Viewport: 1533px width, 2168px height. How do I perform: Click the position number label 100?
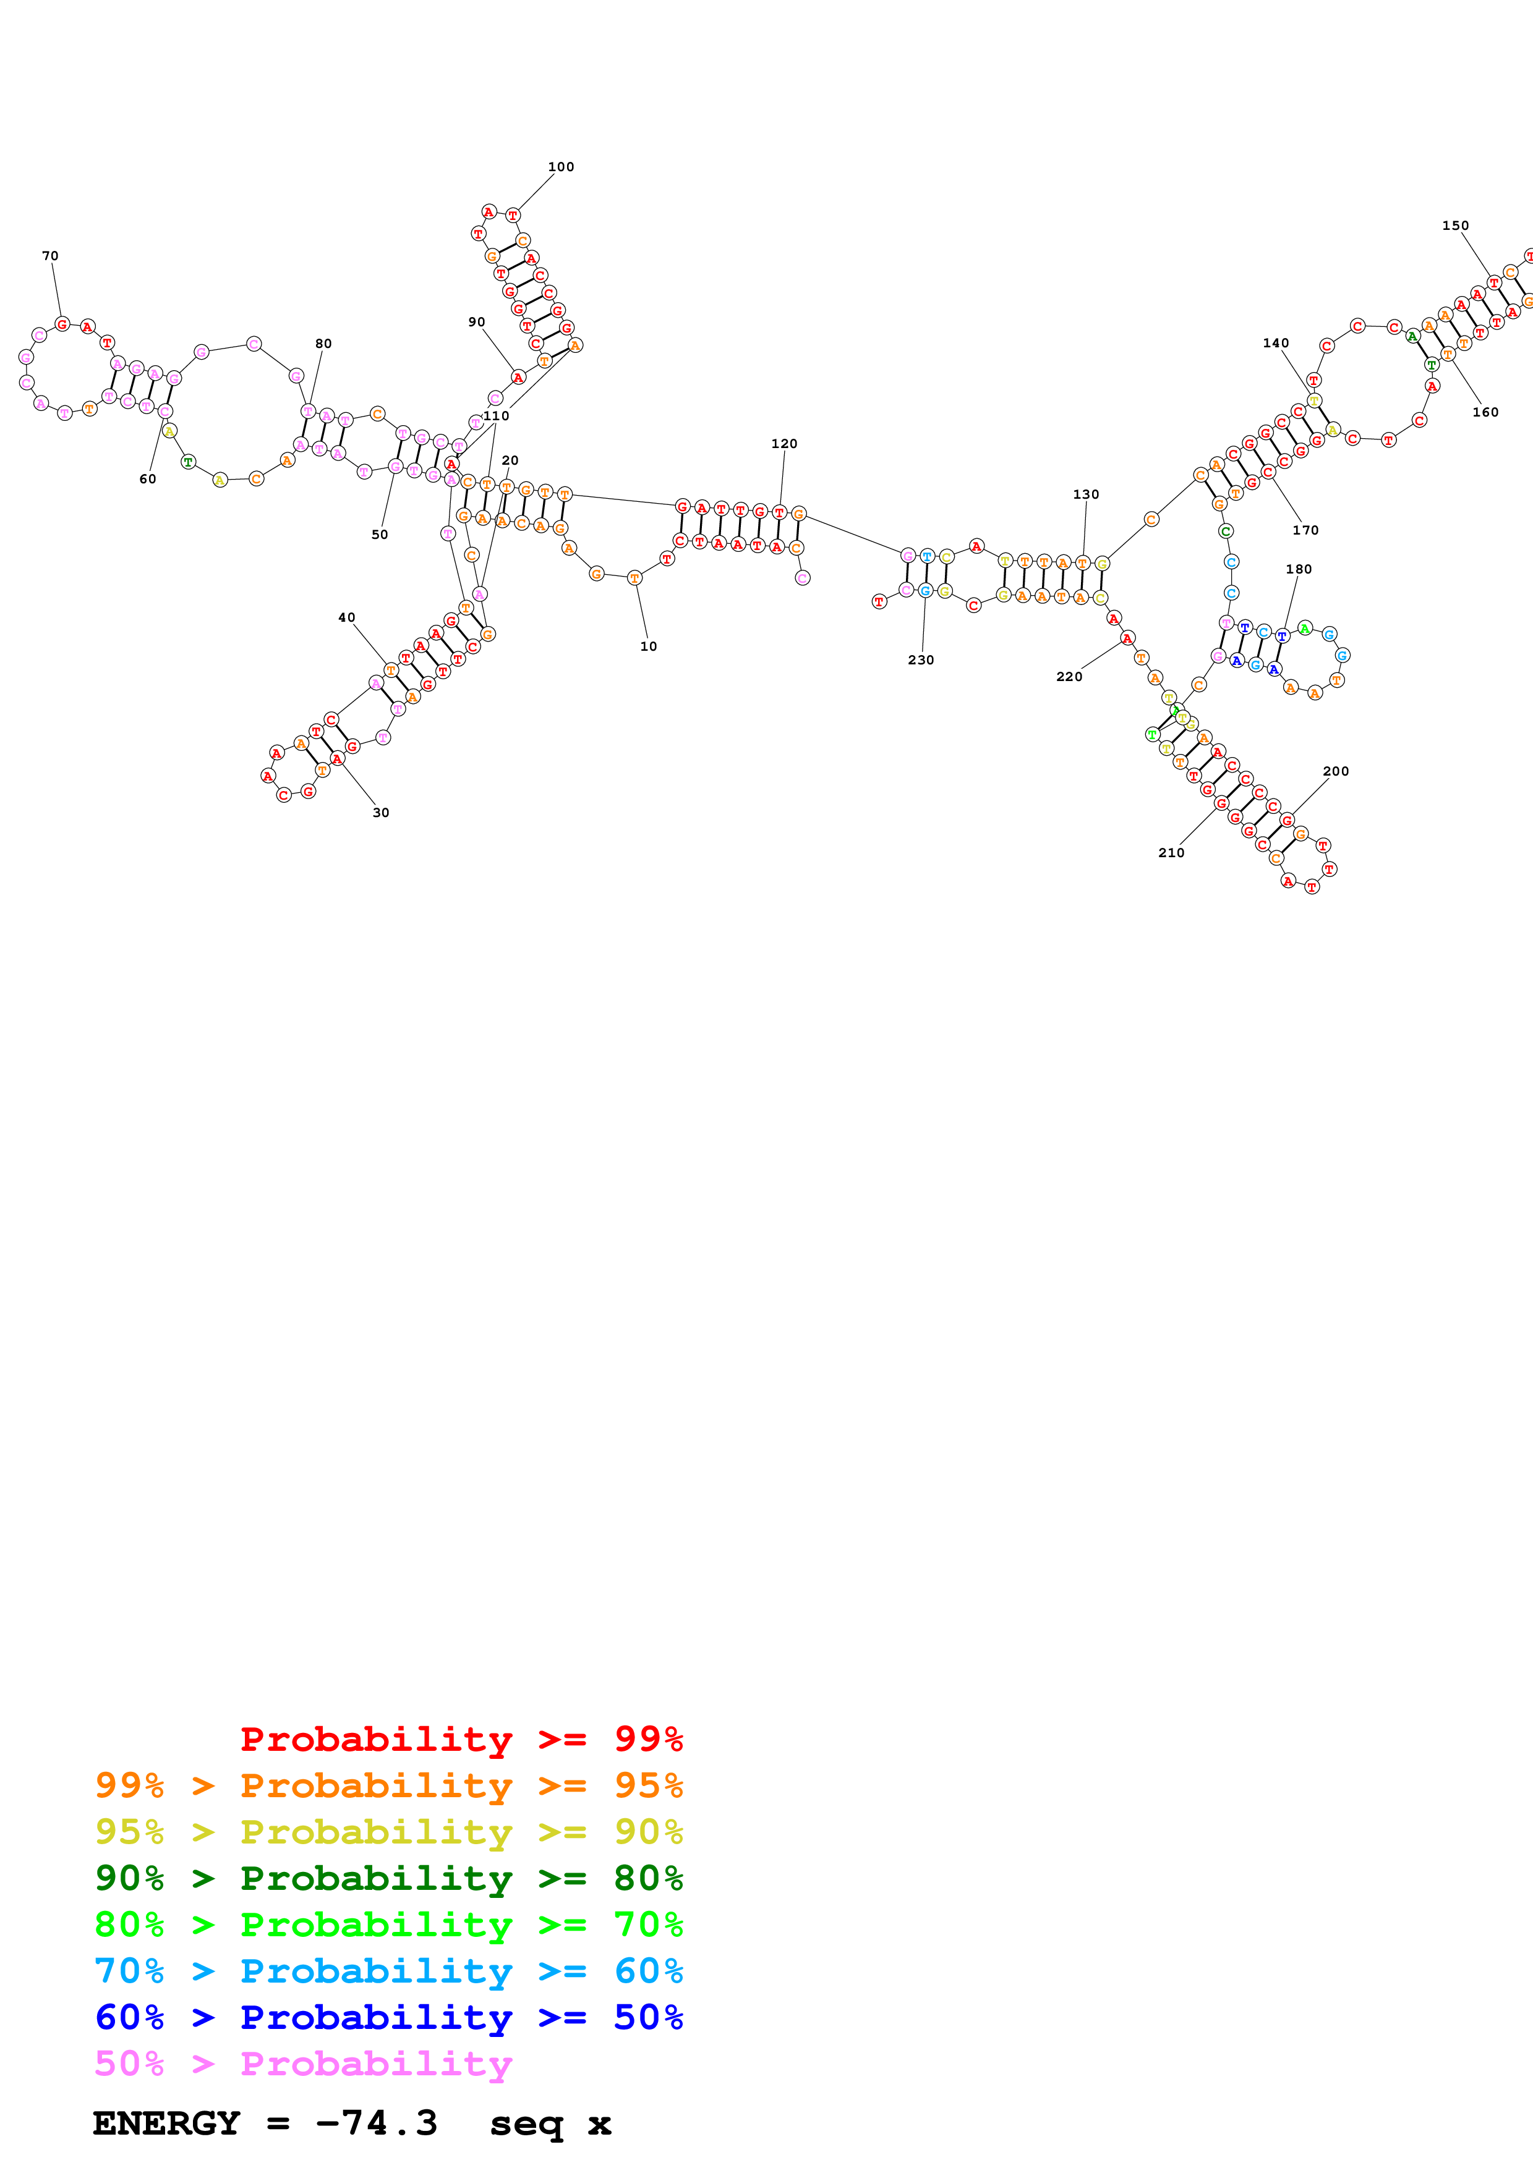click(x=560, y=167)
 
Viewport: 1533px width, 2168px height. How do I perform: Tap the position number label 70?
click(x=50, y=256)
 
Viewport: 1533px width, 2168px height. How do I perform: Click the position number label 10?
click(x=648, y=647)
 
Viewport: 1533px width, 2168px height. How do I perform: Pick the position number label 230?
click(x=920, y=660)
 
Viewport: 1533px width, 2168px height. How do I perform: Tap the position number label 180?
click(x=1298, y=569)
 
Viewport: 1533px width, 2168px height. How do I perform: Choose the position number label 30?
click(x=381, y=813)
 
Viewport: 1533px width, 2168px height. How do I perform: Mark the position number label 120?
click(x=784, y=444)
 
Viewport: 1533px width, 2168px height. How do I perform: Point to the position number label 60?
click(x=147, y=480)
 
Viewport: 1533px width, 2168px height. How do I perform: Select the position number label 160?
click(x=1485, y=413)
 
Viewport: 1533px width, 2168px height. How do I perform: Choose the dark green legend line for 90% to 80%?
click(x=388, y=1878)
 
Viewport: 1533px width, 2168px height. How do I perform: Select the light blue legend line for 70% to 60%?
click(x=388, y=1971)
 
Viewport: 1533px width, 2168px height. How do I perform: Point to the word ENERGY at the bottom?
click(x=166, y=2123)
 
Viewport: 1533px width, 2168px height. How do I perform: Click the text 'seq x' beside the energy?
click(x=550, y=2123)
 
